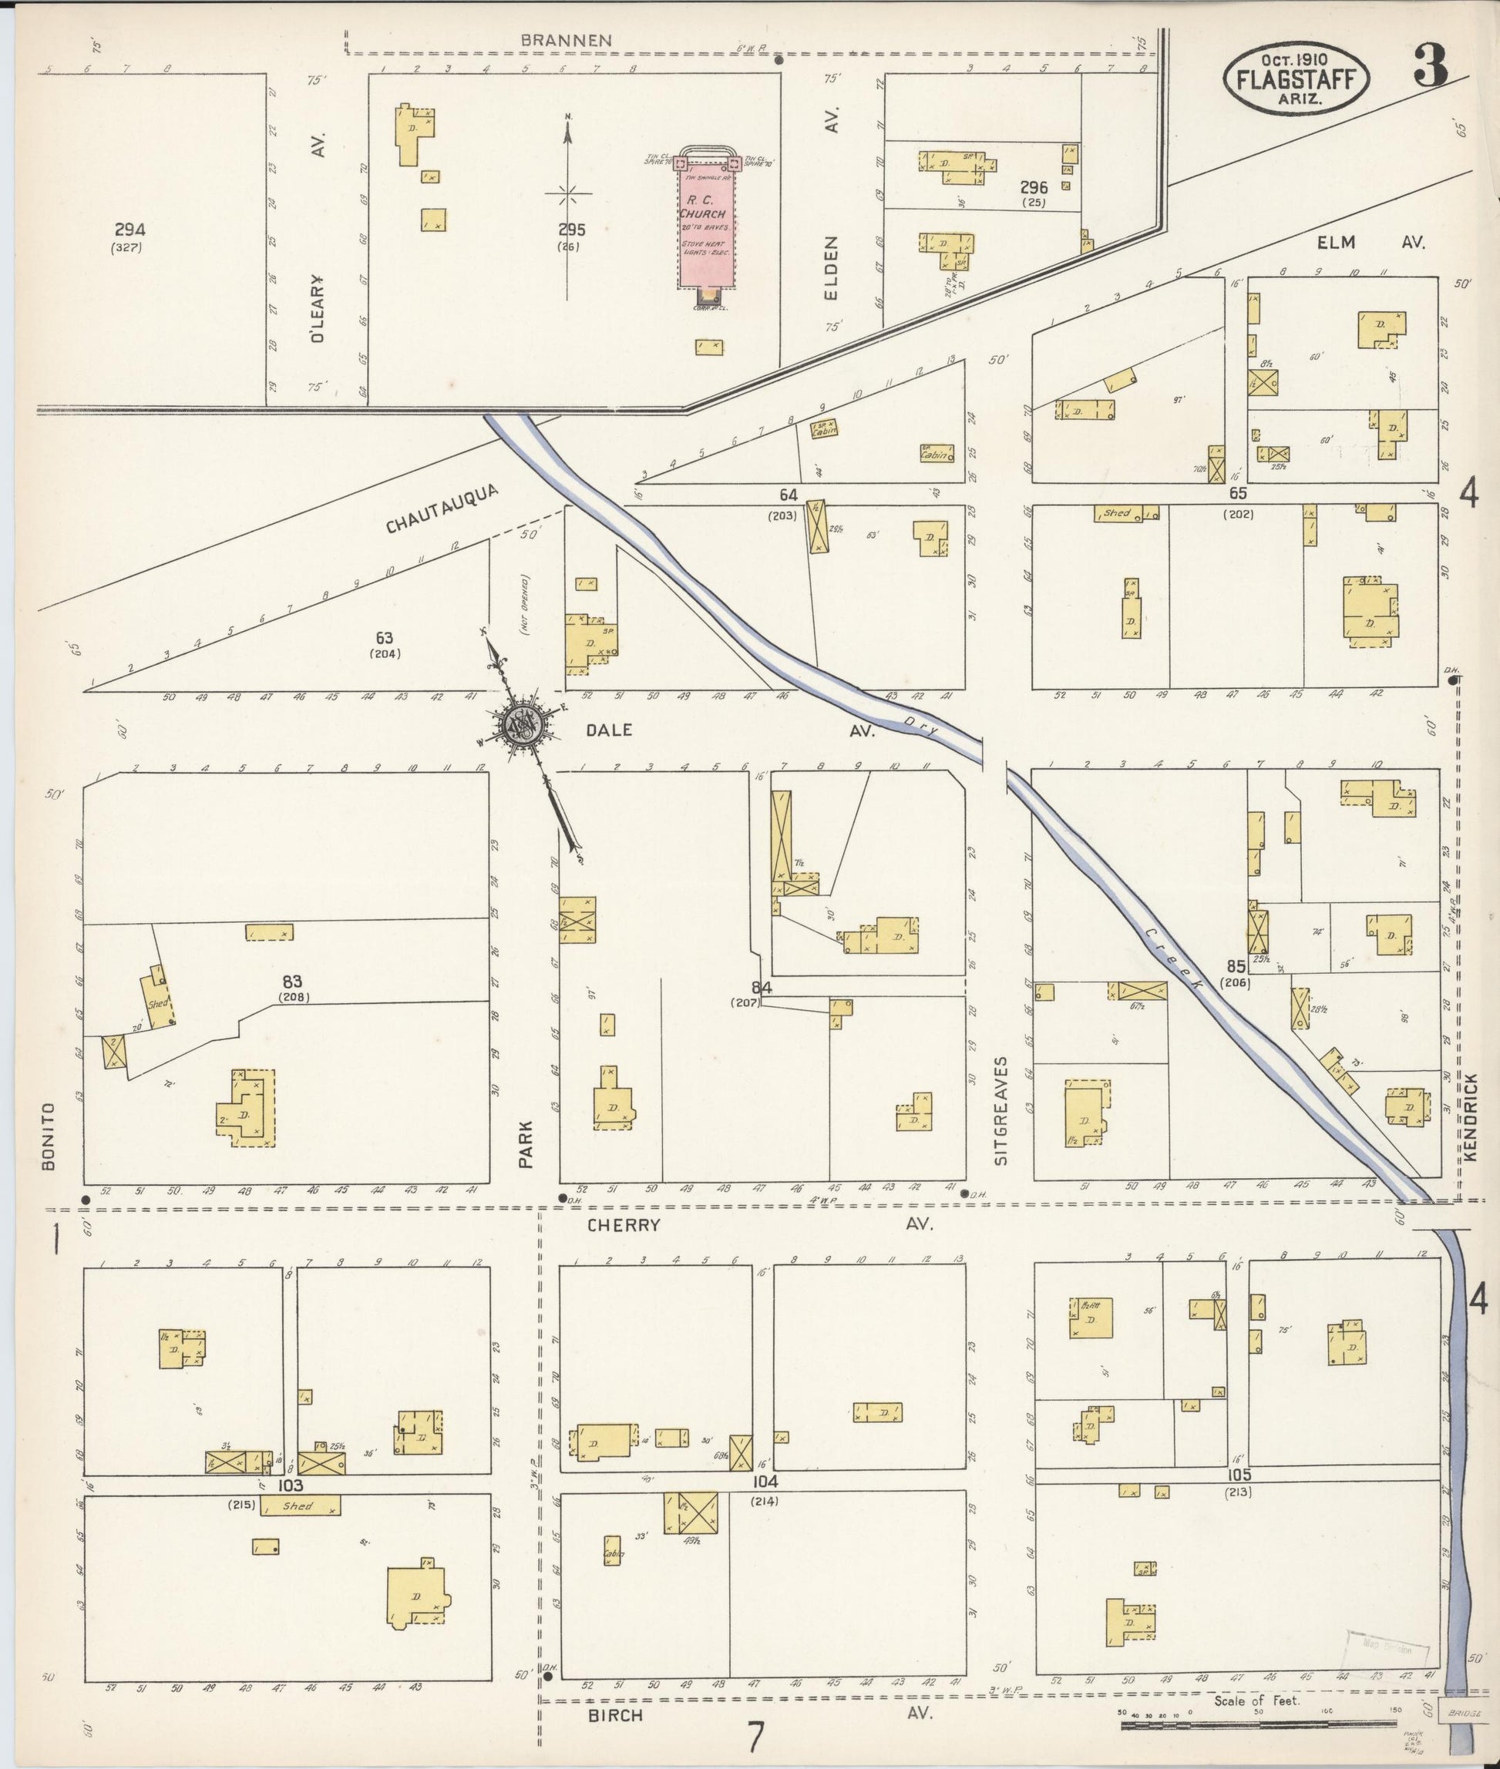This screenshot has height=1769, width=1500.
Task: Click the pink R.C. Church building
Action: [x=706, y=227]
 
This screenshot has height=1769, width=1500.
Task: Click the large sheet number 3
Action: [x=1431, y=66]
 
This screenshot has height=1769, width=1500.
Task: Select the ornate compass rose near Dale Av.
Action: [x=519, y=725]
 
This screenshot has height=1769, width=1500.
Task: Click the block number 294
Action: [x=129, y=230]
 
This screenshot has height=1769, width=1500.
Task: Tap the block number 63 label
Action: [x=385, y=637]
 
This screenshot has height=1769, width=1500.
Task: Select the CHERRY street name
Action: [x=624, y=1225]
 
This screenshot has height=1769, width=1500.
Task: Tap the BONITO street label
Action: [x=48, y=1136]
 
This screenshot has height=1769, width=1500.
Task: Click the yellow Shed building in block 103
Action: [x=299, y=1505]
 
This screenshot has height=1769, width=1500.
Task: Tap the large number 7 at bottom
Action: [x=755, y=1737]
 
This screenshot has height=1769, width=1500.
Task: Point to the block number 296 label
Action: [x=1034, y=187]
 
